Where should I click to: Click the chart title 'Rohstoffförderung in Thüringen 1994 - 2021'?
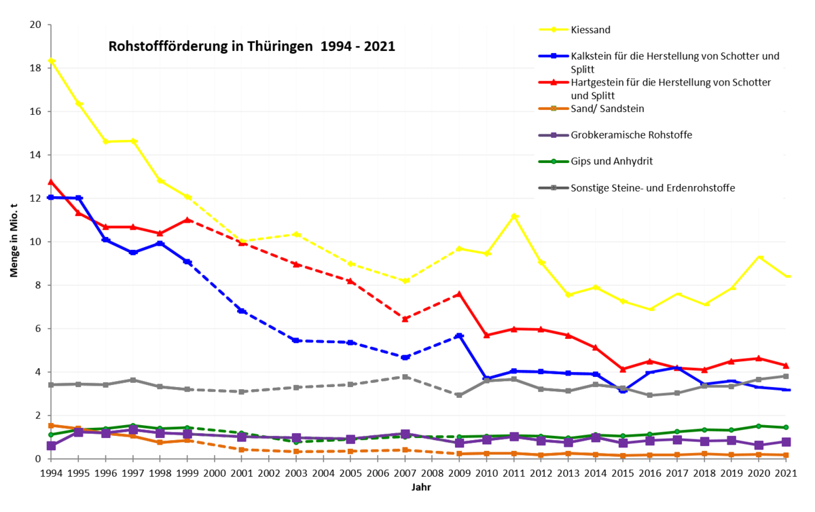pyautogui.click(x=252, y=47)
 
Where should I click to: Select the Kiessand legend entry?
pyautogui.click(x=575, y=30)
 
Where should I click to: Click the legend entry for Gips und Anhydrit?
pyautogui.click(x=596, y=161)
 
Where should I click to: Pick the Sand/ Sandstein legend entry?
pyautogui.click(x=592, y=109)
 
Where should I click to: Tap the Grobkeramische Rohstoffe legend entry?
pyautogui.click(x=615, y=135)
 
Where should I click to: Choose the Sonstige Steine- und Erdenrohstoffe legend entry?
pyautogui.click(x=637, y=188)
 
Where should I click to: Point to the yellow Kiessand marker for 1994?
pyautogui.click(x=52, y=60)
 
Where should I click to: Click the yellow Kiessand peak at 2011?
pyautogui.click(x=514, y=217)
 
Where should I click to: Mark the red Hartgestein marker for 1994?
pyautogui.click(x=51, y=182)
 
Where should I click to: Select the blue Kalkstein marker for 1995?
pyautogui.click(x=78, y=198)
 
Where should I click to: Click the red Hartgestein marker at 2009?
pyautogui.click(x=459, y=293)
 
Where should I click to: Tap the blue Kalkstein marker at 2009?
pyautogui.click(x=460, y=336)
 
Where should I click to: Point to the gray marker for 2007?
pyautogui.click(x=405, y=377)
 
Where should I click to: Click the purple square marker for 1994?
pyautogui.click(x=52, y=445)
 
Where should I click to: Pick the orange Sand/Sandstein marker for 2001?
pyautogui.click(x=241, y=450)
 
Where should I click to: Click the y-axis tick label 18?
pyautogui.click(x=35, y=68)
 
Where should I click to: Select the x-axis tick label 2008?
pyautogui.click(x=432, y=473)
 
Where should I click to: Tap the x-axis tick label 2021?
pyautogui.click(x=786, y=473)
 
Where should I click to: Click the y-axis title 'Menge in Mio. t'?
pyautogui.click(x=14, y=240)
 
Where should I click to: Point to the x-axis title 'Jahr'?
pyautogui.click(x=421, y=488)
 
